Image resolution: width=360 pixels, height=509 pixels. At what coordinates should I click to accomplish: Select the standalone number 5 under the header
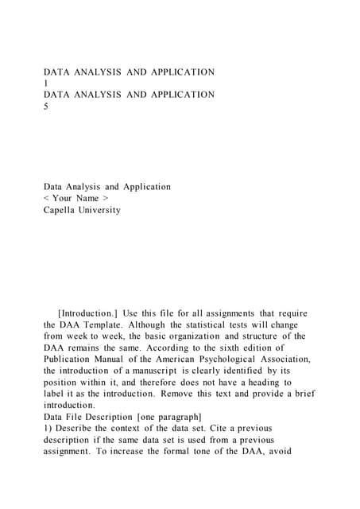tap(46, 107)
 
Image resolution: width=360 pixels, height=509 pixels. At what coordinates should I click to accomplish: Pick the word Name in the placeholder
tap(87, 199)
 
